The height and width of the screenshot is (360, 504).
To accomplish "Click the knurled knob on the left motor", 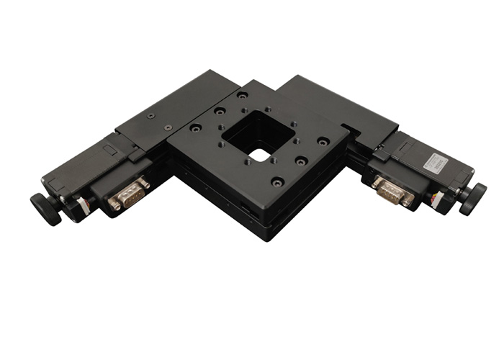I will pos(45,208).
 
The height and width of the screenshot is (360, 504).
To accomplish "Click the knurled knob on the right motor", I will pos(474,198).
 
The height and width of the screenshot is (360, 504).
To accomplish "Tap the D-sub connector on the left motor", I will pos(130,194).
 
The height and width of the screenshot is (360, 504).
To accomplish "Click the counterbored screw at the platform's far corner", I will pos(243,95).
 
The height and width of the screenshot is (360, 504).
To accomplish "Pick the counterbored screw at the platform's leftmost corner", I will pos(195,128).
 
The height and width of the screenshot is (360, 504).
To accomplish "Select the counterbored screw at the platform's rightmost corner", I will pos(324,141).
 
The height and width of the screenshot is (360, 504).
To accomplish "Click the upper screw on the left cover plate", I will pos(150,115).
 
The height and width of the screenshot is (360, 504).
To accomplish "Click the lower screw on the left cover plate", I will pos(168,127).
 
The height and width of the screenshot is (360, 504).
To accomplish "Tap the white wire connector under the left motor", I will pos(85,206).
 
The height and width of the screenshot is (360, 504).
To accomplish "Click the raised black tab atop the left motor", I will pos(108,149).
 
